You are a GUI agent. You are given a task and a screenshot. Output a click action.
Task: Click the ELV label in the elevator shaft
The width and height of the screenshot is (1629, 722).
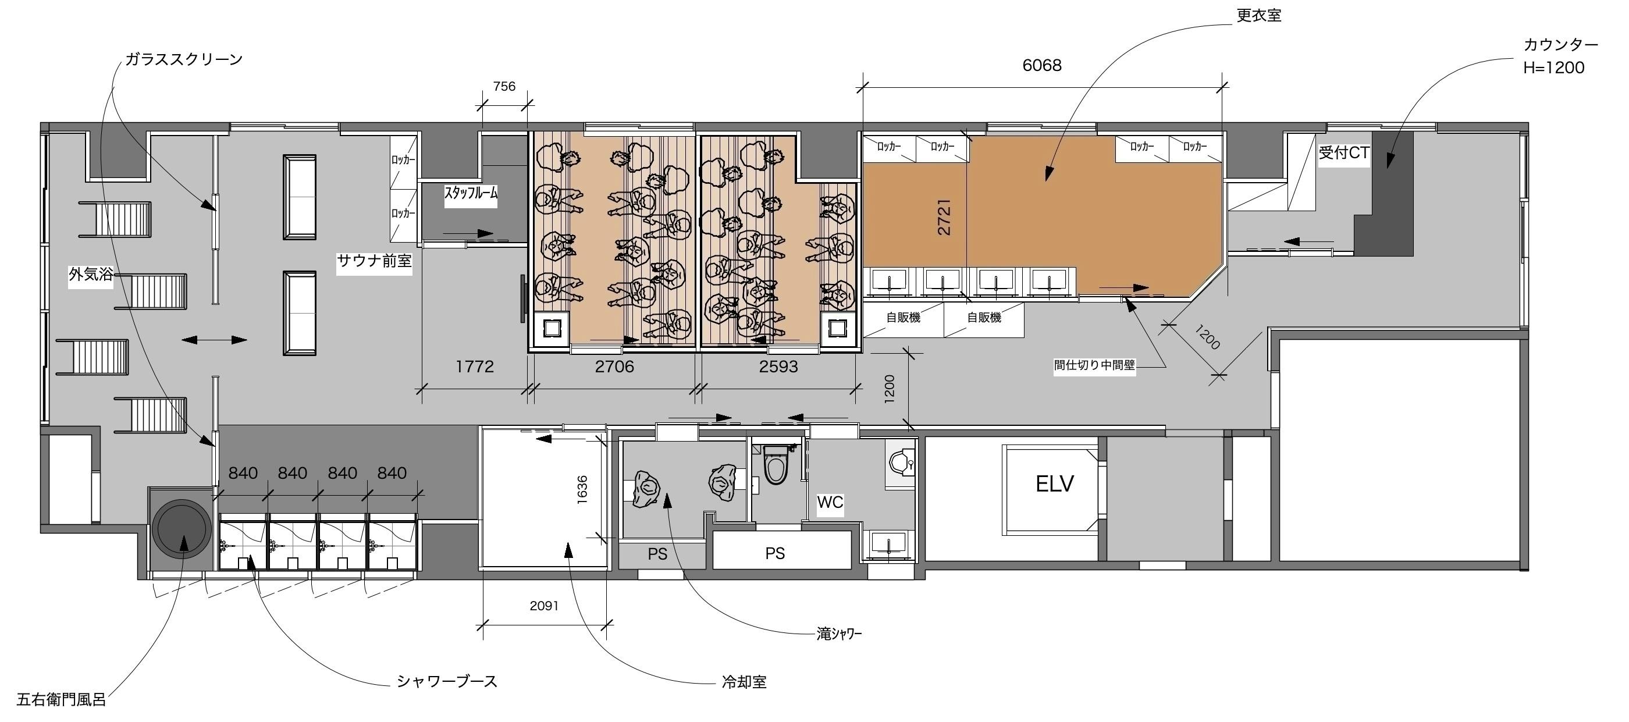pyautogui.click(x=1054, y=484)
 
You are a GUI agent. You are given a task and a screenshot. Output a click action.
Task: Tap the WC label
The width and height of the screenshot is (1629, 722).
pyautogui.click(x=830, y=503)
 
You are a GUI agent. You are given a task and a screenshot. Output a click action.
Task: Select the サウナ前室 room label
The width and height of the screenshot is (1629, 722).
pyautogui.click(x=374, y=261)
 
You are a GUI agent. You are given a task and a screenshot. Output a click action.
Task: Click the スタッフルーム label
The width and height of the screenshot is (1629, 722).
pyautogui.click(x=471, y=193)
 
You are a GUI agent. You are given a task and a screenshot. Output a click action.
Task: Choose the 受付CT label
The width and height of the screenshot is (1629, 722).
pyautogui.click(x=1344, y=152)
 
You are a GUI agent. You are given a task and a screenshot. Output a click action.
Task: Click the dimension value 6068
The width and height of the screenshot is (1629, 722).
pyautogui.click(x=1041, y=65)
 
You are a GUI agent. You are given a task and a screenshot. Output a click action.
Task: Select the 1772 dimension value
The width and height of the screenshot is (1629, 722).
pyautogui.click(x=474, y=367)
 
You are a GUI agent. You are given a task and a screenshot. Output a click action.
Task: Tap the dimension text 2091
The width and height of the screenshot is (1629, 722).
pyautogui.click(x=544, y=606)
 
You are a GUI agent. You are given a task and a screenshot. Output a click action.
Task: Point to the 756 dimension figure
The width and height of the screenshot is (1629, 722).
pyautogui.click(x=504, y=86)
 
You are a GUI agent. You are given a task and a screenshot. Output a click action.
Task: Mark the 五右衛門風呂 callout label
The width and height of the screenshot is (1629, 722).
pyautogui.click(x=61, y=700)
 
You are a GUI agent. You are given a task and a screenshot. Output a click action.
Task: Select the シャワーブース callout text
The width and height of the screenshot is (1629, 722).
pyautogui.click(x=447, y=681)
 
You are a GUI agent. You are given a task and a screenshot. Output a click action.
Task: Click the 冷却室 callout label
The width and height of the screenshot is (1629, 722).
pyautogui.click(x=744, y=682)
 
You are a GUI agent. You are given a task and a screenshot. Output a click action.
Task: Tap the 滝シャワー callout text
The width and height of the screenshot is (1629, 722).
pyautogui.click(x=839, y=634)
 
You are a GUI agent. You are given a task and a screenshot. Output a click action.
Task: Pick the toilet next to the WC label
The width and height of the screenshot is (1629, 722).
pyautogui.click(x=777, y=465)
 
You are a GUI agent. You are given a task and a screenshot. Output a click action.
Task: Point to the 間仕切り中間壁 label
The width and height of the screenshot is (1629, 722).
pyautogui.click(x=1095, y=365)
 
